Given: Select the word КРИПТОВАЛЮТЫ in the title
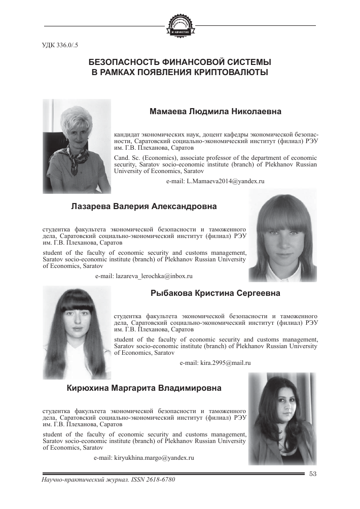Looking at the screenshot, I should click(231, 73).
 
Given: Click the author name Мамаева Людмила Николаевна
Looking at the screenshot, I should click(216, 112).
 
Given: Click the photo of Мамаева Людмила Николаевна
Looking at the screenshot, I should click(77, 146).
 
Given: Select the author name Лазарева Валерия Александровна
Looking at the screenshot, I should click(145, 207).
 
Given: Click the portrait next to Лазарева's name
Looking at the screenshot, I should click(282, 239).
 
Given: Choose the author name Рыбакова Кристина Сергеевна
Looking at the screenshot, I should click(215, 293).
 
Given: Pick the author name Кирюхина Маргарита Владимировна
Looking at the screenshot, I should click(144, 389).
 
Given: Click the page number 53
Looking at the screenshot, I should click(312, 474).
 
